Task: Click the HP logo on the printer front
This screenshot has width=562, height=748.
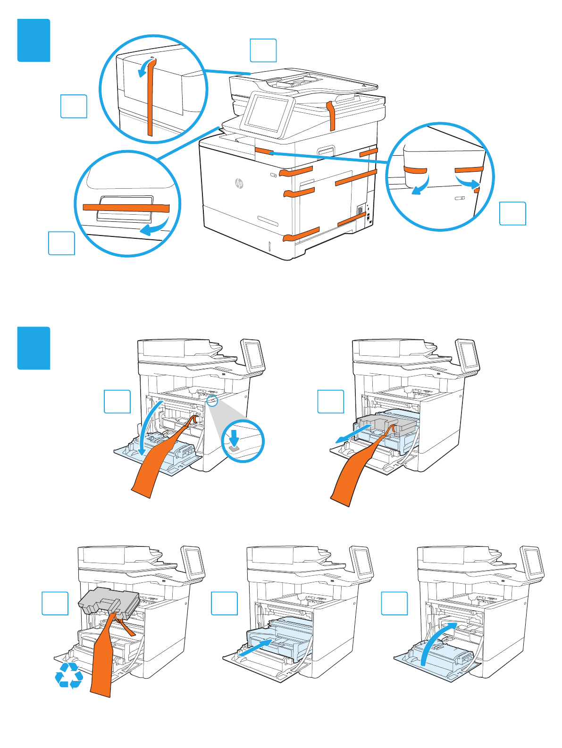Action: [x=239, y=183]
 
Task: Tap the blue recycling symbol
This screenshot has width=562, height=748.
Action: [x=69, y=675]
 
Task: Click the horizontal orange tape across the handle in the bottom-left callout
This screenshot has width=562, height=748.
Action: [x=126, y=208]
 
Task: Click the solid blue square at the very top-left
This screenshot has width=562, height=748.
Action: [x=34, y=40]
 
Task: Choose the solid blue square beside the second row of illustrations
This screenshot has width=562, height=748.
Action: [x=34, y=348]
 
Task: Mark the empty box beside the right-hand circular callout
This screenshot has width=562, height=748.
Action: [x=512, y=213]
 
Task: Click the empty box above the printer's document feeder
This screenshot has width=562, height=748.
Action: [x=263, y=50]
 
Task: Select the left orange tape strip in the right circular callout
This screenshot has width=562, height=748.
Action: [x=415, y=169]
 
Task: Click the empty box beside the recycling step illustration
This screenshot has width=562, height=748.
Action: [x=55, y=603]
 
